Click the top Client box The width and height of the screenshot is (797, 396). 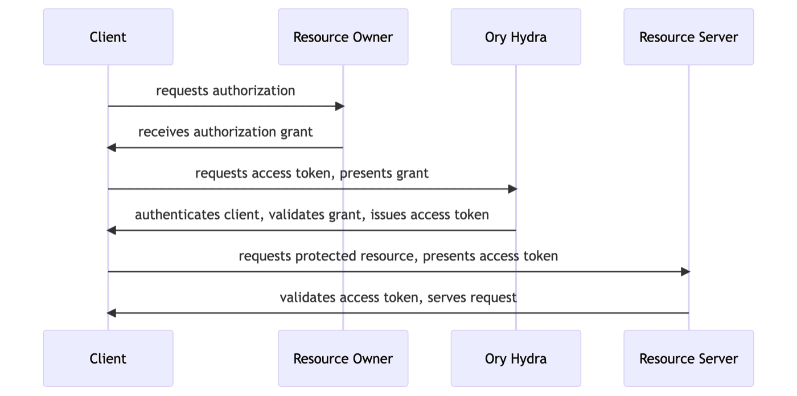[108, 37]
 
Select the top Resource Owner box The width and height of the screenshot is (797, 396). [343, 37]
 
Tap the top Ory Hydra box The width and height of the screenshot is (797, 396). [516, 37]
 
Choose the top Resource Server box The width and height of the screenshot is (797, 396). [688, 37]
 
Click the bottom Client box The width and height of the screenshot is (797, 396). [108, 358]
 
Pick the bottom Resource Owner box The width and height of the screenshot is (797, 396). [343, 358]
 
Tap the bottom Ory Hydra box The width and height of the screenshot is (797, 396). [516, 358]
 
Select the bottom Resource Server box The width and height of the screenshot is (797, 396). [688, 358]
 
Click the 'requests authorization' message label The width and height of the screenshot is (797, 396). [225, 91]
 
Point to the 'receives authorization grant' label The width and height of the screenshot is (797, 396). [225, 132]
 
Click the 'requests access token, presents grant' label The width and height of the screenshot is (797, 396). [312, 173]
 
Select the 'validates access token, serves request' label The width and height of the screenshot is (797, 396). [398, 297]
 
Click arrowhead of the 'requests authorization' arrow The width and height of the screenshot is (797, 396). [340, 107]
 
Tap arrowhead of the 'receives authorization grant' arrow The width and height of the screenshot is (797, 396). [112, 148]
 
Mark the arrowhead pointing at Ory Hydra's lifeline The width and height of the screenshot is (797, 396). [512, 189]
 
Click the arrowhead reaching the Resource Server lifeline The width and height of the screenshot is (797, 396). [685, 272]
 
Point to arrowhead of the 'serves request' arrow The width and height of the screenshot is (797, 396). [112, 313]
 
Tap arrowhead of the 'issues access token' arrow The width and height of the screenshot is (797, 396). [112, 230]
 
